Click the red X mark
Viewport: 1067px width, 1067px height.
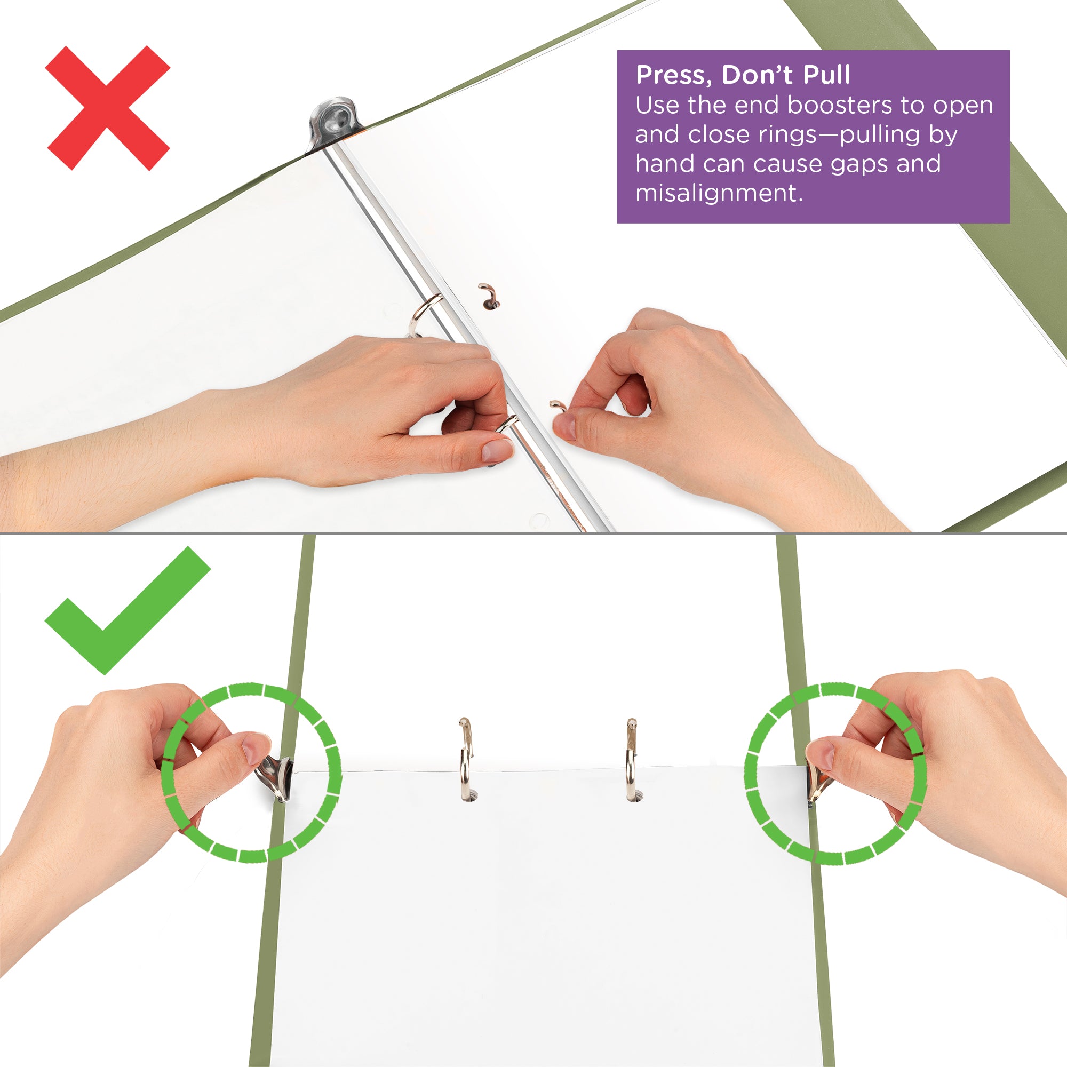point(108,108)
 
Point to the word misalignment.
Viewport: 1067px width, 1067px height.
point(719,193)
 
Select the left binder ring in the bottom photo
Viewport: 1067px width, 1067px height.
point(466,759)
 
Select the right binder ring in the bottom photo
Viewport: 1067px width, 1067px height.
point(631,759)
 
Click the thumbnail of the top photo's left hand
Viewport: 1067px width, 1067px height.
point(497,451)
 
